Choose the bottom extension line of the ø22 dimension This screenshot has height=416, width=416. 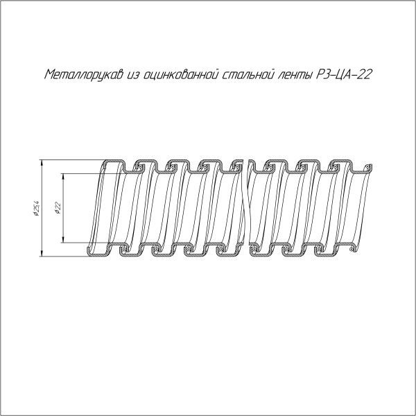coord(76,243)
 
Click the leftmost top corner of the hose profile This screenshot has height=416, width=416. coord(105,162)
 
